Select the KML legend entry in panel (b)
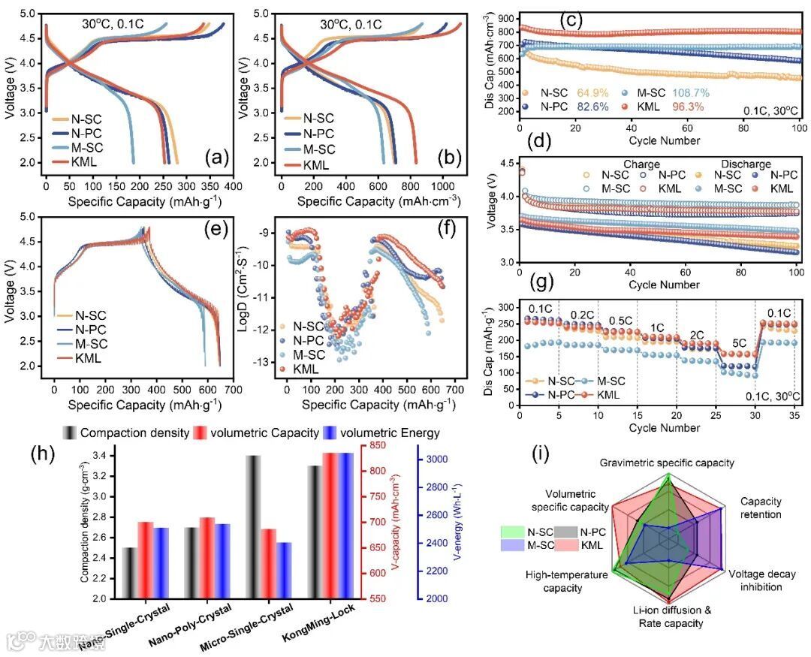click(x=318, y=164)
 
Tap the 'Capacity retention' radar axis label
click(x=761, y=507)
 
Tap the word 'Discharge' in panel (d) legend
click(x=746, y=164)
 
